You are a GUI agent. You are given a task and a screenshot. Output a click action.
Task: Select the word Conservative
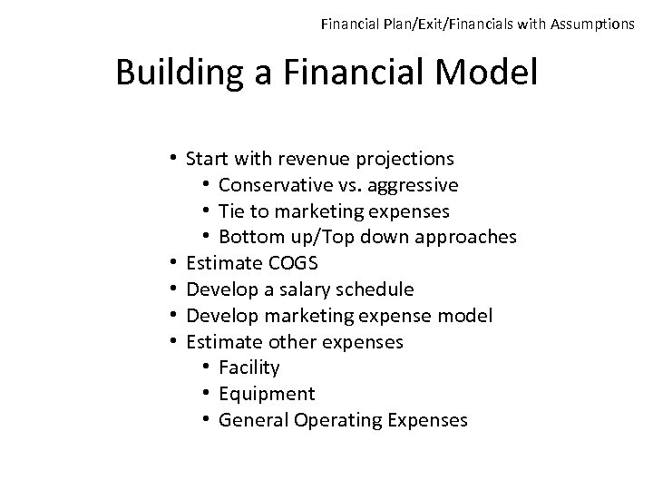pyautogui.click(x=269, y=186)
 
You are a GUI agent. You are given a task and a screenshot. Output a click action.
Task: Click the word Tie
pyautogui.click(x=232, y=211)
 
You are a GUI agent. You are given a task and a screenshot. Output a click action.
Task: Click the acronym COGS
pyautogui.click(x=294, y=264)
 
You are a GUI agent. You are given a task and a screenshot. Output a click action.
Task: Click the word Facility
pyautogui.click(x=249, y=368)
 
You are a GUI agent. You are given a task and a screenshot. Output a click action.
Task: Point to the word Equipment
pyautogui.click(x=267, y=395)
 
